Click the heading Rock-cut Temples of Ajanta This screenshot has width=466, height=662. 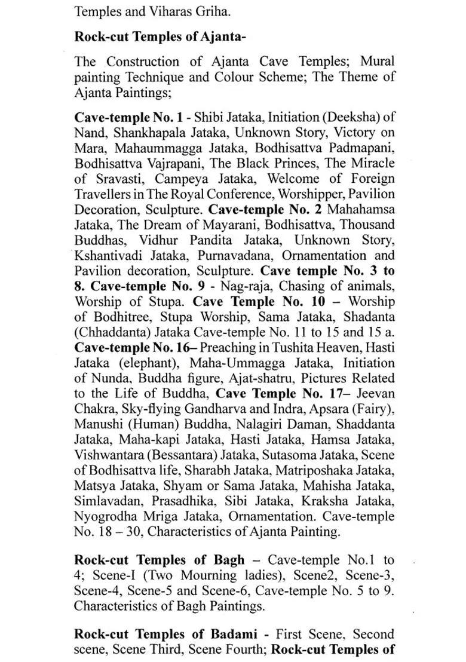coord(160,36)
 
